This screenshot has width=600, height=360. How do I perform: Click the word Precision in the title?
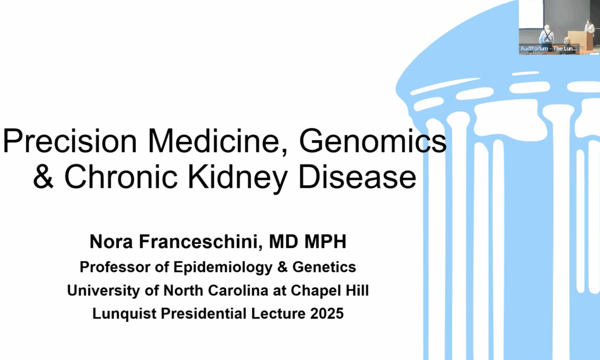click(70, 140)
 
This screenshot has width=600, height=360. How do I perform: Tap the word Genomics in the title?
click(372, 141)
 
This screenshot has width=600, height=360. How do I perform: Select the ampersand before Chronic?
click(43, 176)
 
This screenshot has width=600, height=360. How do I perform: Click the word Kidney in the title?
click(238, 178)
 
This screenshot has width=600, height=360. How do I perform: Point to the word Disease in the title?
click(357, 176)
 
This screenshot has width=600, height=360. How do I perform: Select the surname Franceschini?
click(200, 241)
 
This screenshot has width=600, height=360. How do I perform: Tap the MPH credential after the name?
click(325, 241)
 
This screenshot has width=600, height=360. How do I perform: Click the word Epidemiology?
click(223, 267)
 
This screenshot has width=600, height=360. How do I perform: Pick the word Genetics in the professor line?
click(324, 267)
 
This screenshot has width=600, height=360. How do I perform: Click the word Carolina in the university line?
click(238, 290)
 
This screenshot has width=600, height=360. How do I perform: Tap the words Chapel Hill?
click(329, 291)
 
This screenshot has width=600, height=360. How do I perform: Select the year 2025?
click(327, 313)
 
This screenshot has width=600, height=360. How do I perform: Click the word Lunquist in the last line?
click(124, 314)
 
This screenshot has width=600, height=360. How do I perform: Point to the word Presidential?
click(203, 313)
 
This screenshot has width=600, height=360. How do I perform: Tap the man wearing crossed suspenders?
click(546, 35)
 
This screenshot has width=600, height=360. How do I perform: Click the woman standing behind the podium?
click(589, 27)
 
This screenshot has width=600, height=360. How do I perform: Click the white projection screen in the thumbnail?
click(531, 13)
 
